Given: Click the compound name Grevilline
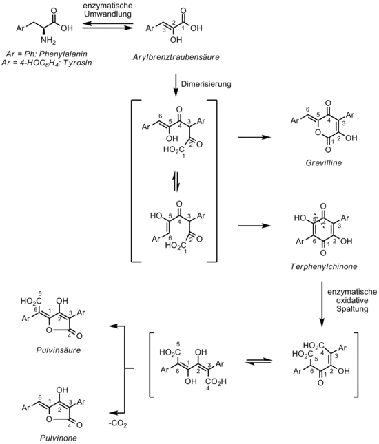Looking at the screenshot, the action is click(x=323, y=163).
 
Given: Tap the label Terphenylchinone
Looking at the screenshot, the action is click(x=324, y=266).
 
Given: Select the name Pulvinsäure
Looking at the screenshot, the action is click(x=59, y=350).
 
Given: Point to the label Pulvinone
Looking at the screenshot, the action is click(x=59, y=438).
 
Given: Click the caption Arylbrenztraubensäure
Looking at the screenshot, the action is click(x=176, y=57).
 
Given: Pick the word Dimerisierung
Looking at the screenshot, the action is click(x=206, y=84).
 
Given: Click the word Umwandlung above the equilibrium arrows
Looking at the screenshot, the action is click(x=107, y=14).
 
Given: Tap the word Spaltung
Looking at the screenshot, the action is click(x=352, y=308).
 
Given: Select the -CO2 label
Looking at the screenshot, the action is click(x=118, y=424).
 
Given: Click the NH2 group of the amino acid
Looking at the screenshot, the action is click(x=48, y=40).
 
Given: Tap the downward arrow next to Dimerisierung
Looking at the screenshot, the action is click(x=176, y=85).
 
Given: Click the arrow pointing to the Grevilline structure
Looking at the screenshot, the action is click(x=254, y=138).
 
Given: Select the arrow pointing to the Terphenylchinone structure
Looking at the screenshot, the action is click(x=254, y=226).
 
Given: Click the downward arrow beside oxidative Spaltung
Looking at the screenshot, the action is click(x=322, y=304).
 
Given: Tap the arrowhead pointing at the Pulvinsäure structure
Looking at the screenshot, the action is click(x=112, y=326).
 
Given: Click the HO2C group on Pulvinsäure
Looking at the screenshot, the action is click(x=30, y=301).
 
